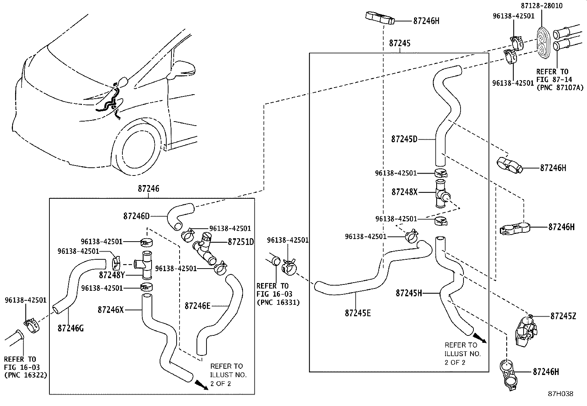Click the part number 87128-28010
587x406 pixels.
pos(542,6)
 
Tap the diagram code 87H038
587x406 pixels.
pos(560,394)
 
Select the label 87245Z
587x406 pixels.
pos(563,316)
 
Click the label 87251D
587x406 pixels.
pos(241,242)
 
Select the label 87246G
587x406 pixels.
pos(70,328)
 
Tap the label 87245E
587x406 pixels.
pos(358,313)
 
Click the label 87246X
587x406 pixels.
pos(111,310)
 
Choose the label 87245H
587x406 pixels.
pos(409,293)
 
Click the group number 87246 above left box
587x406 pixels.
pos(149,189)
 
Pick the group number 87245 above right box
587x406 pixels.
pos(400,43)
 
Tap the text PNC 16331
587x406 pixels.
pos(278,303)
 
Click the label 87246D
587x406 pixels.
pos(136,216)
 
